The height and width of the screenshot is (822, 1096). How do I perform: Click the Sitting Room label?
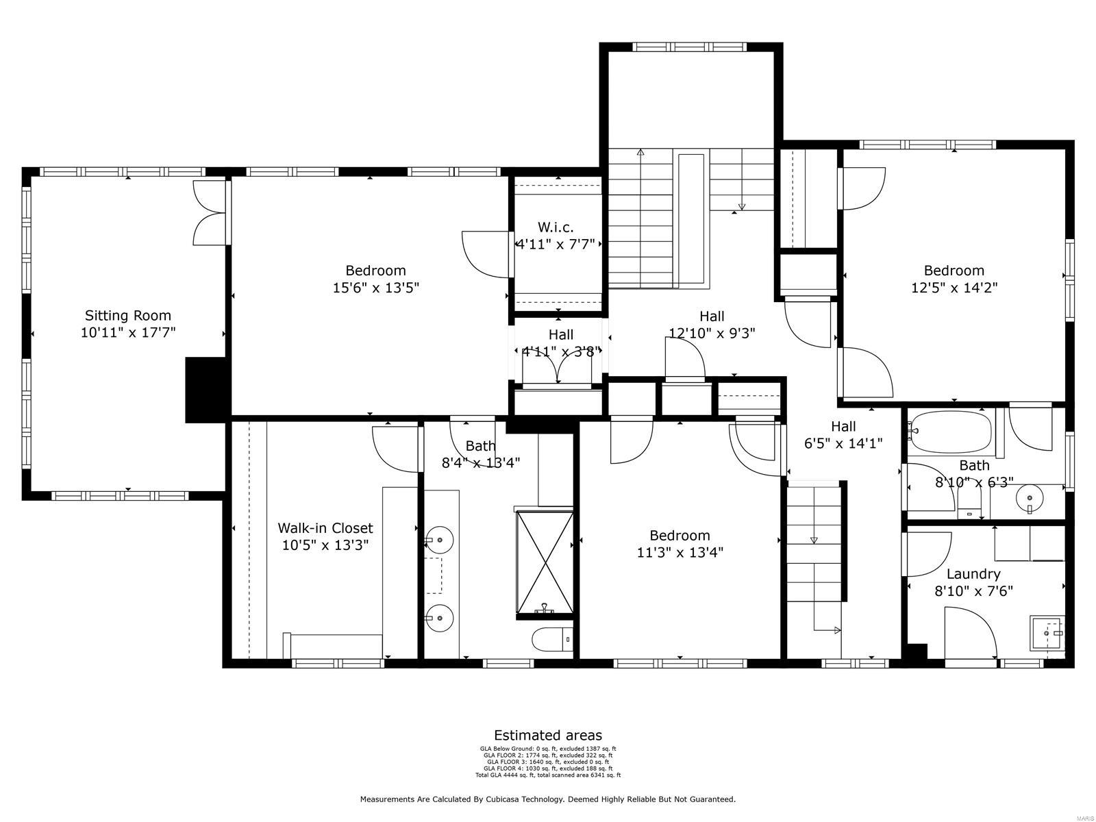pos(127,316)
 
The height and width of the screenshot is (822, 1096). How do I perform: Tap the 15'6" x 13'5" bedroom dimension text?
pos(375,288)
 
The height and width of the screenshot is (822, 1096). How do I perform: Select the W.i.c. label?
pos(556,227)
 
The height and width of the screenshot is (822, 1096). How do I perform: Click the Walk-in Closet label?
pos(325,528)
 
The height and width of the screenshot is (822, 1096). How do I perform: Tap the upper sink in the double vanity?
pos(439,540)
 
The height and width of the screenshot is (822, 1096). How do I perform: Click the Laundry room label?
pos(973,574)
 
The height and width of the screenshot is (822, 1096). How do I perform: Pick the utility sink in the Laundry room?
pos(1047,634)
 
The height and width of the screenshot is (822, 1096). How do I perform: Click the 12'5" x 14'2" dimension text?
pos(954,288)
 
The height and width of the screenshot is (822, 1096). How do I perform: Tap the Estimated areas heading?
pos(548,736)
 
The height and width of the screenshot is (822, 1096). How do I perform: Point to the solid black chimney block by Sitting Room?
pos(207,390)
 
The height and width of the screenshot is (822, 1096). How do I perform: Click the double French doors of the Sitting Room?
pos(210,212)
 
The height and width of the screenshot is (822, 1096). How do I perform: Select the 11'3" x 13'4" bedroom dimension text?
pos(680,552)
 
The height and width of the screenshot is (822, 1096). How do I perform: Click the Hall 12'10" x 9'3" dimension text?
pos(712,334)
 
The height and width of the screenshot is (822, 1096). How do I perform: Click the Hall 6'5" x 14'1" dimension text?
pos(843,443)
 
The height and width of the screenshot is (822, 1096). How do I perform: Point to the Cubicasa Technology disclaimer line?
pos(548,799)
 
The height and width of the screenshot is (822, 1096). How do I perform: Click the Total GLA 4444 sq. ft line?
pos(548,775)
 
